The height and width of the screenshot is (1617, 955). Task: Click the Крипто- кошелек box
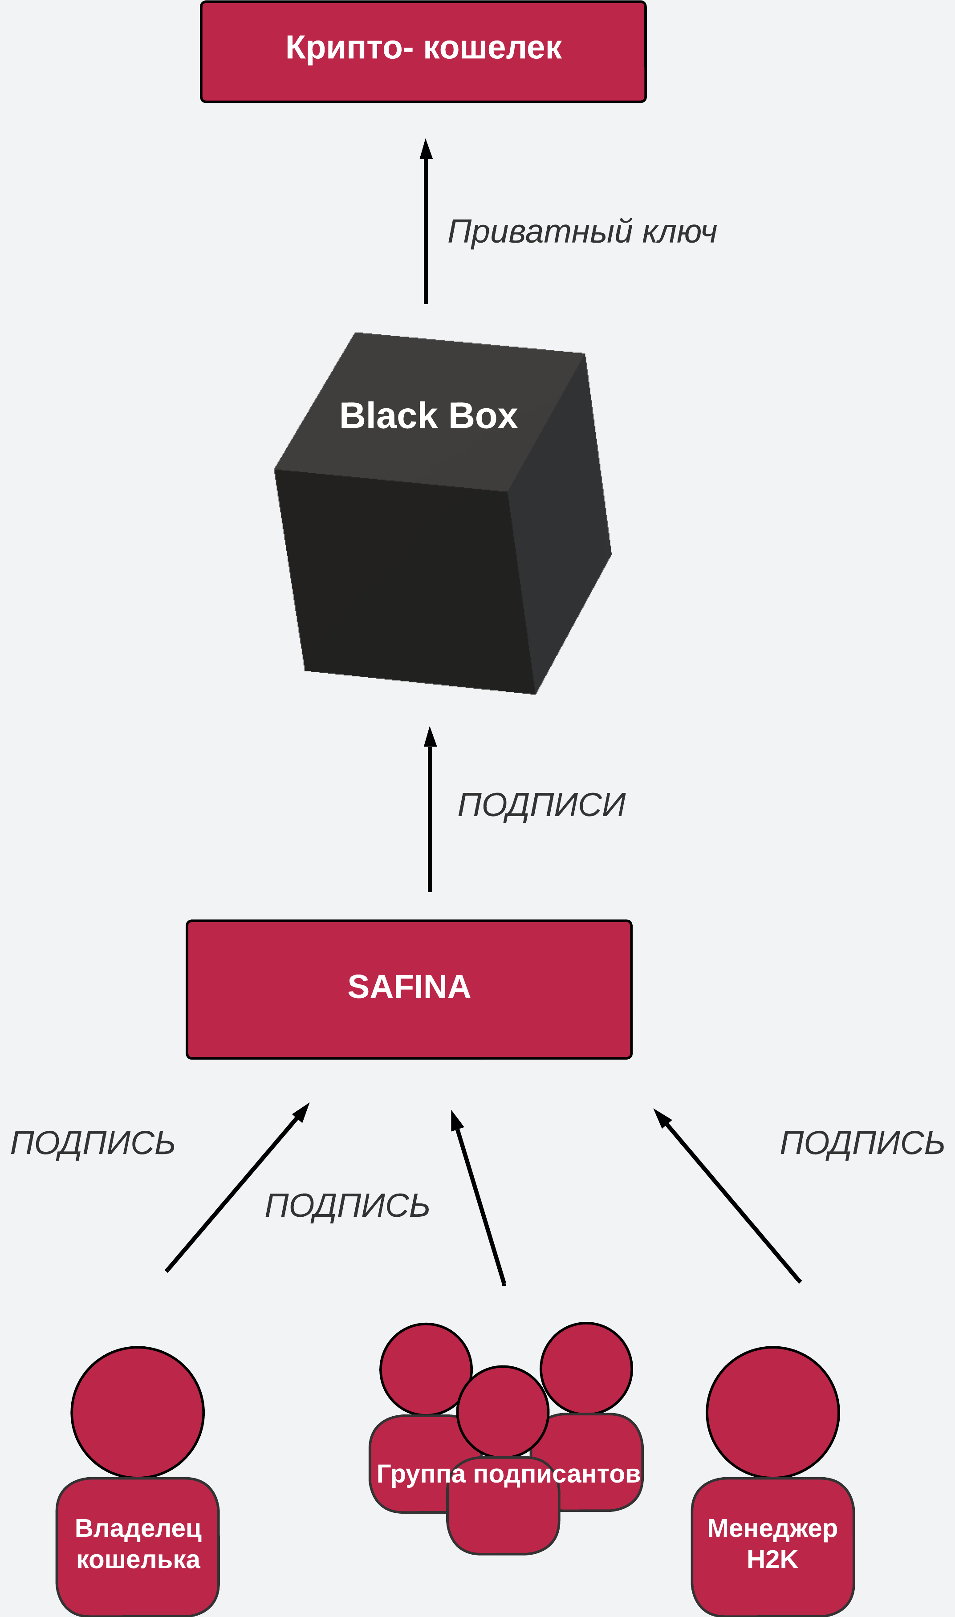[x=423, y=52]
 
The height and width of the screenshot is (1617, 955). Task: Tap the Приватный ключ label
[x=582, y=232]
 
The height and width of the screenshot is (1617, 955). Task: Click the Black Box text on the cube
[x=428, y=416]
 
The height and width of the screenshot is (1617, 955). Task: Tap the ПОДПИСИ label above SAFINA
[x=541, y=805]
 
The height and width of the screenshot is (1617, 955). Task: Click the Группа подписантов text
[x=508, y=1474]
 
